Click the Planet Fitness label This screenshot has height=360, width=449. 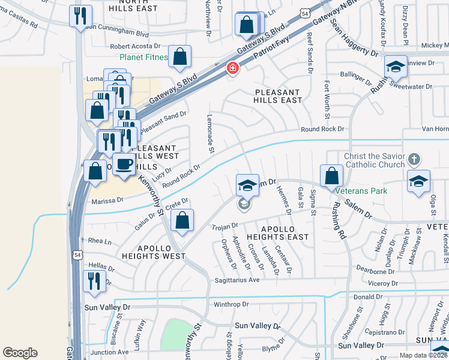(x=142, y=58)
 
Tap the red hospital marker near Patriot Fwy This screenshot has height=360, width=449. (x=232, y=69)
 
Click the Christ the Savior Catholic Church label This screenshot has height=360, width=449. (x=374, y=161)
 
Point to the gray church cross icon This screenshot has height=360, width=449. (x=413, y=160)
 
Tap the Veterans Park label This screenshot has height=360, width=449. (x=361, y=191)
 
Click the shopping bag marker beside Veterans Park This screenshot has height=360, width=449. (x=331, y=176)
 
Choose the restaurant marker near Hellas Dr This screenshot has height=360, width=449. (x=94, y=281)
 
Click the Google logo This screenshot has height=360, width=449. (x=20, y=353)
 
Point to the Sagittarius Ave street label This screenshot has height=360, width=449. (x=237, y=280)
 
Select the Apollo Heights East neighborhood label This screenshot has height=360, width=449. (x=277, y=233)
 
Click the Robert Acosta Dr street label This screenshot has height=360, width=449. (x=136, y=46)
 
